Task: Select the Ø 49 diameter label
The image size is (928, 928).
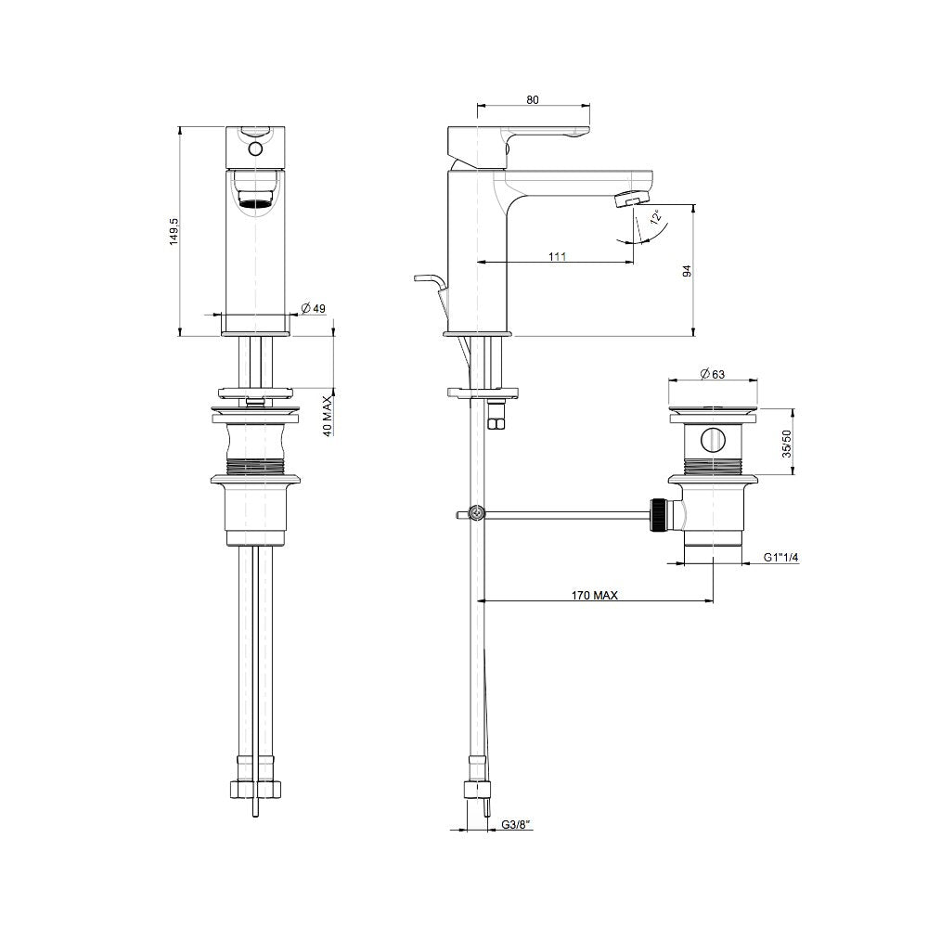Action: coord(313,309)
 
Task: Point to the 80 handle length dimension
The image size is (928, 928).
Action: coord(532,99)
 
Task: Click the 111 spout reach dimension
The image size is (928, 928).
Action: coord(557,257)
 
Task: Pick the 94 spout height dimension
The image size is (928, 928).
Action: coord(686,271)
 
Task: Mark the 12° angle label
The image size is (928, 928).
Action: coord(656,218)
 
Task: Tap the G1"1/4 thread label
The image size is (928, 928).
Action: coord(781,558)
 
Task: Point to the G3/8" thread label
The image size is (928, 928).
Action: coord(515,824)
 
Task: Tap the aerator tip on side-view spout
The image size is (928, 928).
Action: coord(633,198)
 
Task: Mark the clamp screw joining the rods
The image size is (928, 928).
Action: coord(477,512)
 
